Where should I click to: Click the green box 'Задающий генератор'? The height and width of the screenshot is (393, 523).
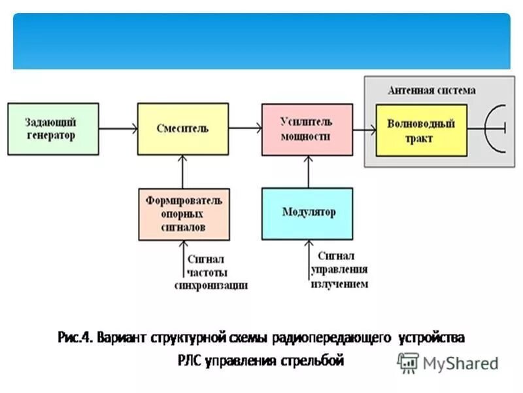click(53, 128)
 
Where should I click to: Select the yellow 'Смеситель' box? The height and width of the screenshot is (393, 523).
click(182, 128)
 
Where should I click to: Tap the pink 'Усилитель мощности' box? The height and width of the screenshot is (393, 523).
click(307, 128)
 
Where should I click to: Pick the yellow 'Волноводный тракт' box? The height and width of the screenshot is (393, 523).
click(421, 130)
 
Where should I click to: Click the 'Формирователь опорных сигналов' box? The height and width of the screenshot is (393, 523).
click(184, 214)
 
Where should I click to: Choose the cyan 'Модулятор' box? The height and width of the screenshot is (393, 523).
click(307, 213)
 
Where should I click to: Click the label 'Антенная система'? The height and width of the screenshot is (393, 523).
click(431, 90)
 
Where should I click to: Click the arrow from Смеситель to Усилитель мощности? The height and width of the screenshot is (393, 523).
click(245, 128)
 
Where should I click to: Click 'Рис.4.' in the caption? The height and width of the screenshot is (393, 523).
click(73, 338)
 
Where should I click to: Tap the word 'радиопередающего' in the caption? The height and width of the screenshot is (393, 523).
click(345, 338)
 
